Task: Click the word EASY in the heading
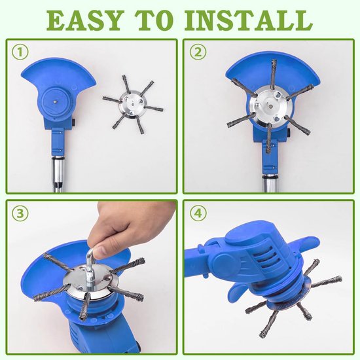pyautogui.click(x=84, y=20)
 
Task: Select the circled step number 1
pyautogui.click(x=20, y=52)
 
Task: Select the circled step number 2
pyautogui.click(x=198, y=52)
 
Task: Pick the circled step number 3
pyautogui.click(x=20, y=213)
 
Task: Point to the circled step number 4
pyautogui.click(x=198, y=213)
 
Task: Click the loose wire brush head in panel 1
pyautogui.click(x=132, y=105)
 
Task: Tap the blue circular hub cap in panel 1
pyautogui.click(x=56, y=101)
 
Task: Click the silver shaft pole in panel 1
pyautogui.click(x=58, y=174)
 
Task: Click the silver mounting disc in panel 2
pyautogui.click(x=271, y=107)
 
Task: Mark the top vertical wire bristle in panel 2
pyautogui.click(x=273, y=73)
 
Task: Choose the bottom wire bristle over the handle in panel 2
pyautogui.click(x=269, y=138)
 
